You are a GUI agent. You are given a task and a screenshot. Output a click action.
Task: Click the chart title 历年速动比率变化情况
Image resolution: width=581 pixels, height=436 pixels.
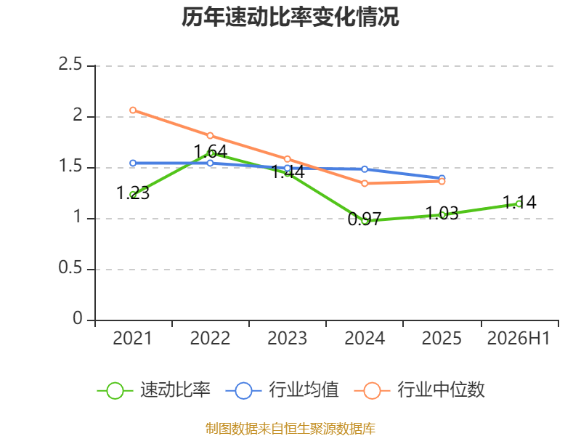pos(290,17)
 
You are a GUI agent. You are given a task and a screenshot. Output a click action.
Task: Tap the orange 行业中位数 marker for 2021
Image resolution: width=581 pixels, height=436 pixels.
pos(133,110)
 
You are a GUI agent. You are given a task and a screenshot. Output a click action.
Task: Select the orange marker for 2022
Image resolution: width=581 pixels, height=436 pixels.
pos(210,135)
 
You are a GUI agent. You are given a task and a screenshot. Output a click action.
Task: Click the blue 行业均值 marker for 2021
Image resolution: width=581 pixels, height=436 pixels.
pos(133,163)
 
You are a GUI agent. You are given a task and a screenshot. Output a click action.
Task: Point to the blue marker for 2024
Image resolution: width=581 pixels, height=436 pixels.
pos(365,169)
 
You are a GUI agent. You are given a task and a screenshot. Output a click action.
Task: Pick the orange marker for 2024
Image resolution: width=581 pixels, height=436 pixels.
pos(365,183)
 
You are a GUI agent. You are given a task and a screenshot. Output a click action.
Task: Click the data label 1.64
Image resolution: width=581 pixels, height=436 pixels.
pos(211,152)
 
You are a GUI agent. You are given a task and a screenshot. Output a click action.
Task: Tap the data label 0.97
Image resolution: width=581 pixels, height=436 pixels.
pos(365,219)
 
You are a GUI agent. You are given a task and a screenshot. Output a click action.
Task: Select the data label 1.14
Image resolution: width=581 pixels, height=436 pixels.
pos(519,203)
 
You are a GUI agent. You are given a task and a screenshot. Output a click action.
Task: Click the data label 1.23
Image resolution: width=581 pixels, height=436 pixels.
pos(133,193)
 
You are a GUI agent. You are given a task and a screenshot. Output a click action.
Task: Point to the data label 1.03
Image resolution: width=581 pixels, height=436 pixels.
pos(442,213)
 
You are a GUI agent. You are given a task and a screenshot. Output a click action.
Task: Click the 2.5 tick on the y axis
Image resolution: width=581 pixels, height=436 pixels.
pos(70,65)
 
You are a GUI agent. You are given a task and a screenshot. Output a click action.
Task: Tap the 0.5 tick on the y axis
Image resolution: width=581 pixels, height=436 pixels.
pos(70,267)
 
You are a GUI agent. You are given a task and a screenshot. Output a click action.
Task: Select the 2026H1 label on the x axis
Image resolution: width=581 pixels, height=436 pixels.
pos(519,339)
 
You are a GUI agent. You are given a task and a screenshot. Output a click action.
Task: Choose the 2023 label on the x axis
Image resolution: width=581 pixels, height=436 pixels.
pos(287,339)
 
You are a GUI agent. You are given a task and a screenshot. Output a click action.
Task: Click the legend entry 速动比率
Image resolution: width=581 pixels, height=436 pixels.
pos(154,390)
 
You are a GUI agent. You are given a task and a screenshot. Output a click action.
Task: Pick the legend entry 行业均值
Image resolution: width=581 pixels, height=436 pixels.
pos(283,390)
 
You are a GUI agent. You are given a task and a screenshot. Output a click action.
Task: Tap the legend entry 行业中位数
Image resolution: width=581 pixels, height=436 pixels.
pos(420,390)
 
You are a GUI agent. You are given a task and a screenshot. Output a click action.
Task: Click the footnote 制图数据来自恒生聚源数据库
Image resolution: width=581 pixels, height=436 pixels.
pos(290,428)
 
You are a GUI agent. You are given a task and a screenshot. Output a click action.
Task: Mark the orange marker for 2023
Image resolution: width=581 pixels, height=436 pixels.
pos(287,159)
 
